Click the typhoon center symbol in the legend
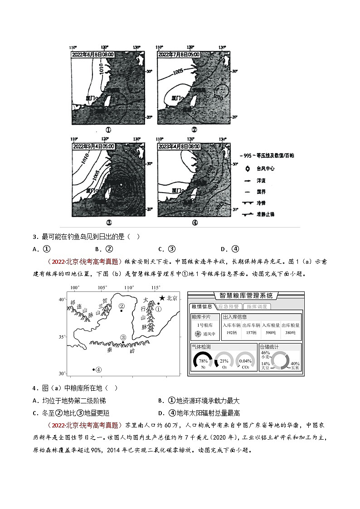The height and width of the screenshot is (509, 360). click(247, 169)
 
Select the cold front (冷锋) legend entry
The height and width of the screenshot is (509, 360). click(248, 203)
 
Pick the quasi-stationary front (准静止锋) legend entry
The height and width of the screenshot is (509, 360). click(248, 214)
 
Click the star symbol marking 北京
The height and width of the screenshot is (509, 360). click(161, 298)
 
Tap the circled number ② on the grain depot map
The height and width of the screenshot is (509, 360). click(121, 306)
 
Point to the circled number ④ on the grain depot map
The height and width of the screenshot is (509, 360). click(98, 369)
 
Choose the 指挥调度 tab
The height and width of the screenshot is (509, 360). click(257, 306)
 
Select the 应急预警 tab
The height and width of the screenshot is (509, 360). click(229, 306)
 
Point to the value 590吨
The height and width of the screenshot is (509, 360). click(271, 332)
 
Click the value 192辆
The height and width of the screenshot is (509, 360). click(231, 332)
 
